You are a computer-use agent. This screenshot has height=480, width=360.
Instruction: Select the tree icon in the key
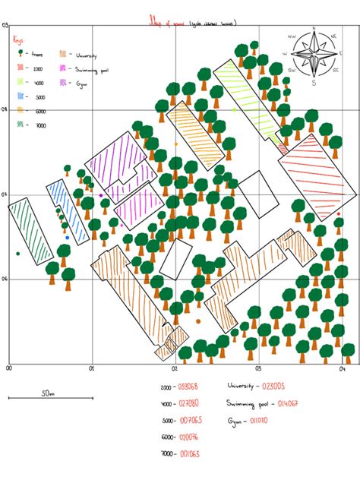pyautogui.click(x=21, y=55)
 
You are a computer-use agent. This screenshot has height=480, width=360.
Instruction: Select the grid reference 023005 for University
pyautogui.click(x=276, y=387)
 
